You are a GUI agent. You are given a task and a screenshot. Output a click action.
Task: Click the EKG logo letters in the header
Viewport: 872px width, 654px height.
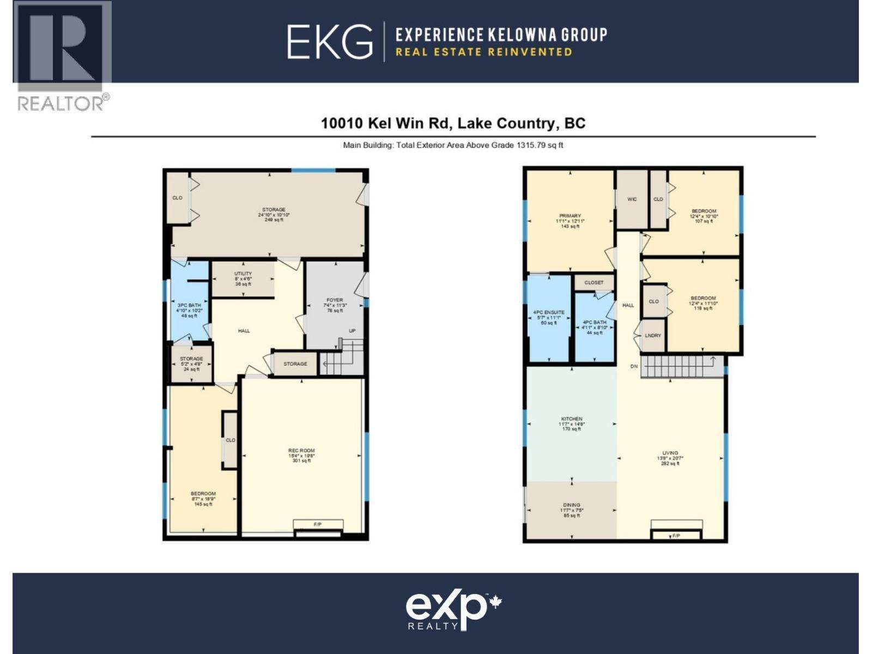pos(330,41)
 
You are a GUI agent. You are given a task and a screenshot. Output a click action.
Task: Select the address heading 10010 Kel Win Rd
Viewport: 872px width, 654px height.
pos(453,123)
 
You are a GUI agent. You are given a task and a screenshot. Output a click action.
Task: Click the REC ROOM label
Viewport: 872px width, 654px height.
pos(301,451)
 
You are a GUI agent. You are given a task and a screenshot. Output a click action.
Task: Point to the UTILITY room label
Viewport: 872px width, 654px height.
pos(243,274)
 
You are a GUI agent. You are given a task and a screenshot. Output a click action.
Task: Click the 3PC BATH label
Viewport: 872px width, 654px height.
pos(189,305)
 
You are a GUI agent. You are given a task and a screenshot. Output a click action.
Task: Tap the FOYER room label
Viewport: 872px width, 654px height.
pos(335,300)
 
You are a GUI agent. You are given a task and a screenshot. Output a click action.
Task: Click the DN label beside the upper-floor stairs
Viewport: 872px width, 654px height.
pos(634,367)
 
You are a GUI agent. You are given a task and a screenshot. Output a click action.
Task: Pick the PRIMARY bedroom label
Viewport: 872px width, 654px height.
pos(570,216)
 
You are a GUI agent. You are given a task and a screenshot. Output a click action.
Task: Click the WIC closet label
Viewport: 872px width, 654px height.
pos(632,199)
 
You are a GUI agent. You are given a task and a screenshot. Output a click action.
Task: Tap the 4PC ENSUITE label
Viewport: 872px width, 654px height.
pos(549,313)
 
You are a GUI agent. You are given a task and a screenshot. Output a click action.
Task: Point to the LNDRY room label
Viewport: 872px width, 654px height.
pos(653,336)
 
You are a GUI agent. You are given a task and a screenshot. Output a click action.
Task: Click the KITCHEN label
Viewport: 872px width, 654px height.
pos(572,419)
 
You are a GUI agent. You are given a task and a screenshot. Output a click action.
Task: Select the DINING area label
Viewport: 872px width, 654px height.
pos(572,505)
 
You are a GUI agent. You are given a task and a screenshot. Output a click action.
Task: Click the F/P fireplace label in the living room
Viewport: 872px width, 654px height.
pos(676,536)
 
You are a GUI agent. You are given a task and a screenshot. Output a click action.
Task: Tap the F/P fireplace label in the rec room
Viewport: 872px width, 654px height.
pos(318,524)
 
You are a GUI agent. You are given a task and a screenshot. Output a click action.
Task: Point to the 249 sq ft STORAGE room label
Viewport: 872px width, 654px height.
pos(274,210)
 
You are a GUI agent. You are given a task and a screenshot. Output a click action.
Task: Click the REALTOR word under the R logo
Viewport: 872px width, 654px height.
pos(61,104)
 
